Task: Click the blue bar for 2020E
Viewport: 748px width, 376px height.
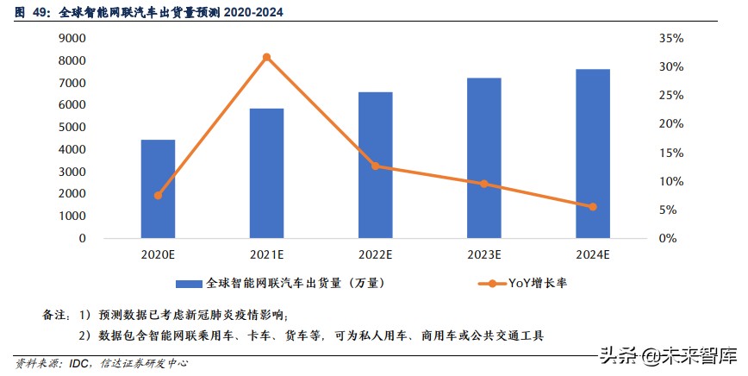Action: point(158,189)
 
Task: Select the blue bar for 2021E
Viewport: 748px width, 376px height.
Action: point(266,173)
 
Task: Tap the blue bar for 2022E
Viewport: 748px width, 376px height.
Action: point(375,165)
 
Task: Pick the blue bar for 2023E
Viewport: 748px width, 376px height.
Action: point(483,158)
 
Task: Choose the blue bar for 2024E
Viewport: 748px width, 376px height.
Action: point(593,154)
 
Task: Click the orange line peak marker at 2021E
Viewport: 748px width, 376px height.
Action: point(266,57)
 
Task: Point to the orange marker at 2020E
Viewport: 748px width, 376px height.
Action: point(158,196)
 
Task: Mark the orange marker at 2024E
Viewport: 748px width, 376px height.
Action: point(593,207)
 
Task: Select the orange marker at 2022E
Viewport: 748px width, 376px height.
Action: point(375,166)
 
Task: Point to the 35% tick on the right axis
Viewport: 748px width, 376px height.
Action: point(646,38)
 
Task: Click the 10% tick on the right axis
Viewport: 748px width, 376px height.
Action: point(646,181)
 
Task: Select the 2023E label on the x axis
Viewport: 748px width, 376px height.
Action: point(483,255)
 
